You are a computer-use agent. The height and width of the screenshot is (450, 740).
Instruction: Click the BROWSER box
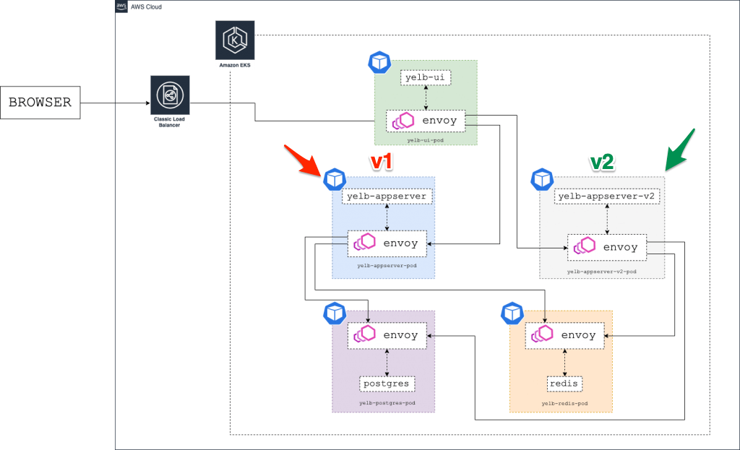click(x=40, y=103)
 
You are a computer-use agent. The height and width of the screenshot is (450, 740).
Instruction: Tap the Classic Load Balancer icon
click(x=170, y=95)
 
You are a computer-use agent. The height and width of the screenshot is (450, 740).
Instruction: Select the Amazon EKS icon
click(x=234, y=40)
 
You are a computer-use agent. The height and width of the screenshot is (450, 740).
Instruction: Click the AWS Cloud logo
click(x=122, y=7)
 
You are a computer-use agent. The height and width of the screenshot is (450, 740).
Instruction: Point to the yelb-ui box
click(x=426, y=77)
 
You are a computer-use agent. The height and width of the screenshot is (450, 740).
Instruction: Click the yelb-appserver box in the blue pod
click(x=387, y=196)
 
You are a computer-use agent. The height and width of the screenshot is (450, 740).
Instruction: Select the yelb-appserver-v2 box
click(x=608, y=196)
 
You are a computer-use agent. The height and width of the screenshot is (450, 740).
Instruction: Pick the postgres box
click(x=387, y=384)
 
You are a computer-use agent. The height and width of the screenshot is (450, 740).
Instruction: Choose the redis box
click(x=564, y=384)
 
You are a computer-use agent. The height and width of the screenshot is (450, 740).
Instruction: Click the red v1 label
click(x=381, y=162)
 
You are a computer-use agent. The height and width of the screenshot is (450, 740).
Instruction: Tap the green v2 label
click(x=601, y=163)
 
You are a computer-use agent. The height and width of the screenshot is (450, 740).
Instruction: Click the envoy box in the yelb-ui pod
click(x=426, y=121)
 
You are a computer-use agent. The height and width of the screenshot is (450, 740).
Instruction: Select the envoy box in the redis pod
click(x=564, y=335)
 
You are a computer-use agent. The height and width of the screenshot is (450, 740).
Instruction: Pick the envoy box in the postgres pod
click(x=387, y=335)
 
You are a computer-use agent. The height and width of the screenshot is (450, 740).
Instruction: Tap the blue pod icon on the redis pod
click(x=512, y=313)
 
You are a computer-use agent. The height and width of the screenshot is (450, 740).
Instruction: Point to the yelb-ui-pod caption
click(x=426, y=139)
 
